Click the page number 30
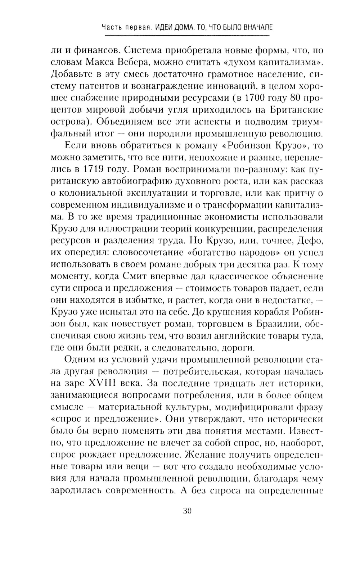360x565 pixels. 186,511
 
